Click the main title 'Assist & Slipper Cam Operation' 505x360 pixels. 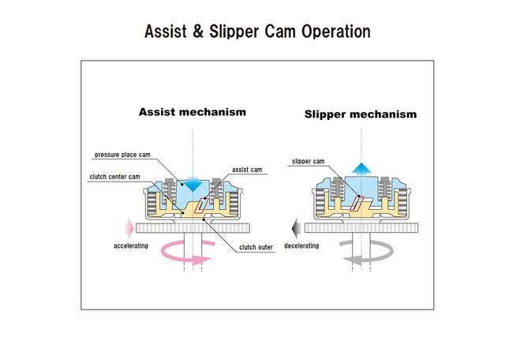coord(257,32)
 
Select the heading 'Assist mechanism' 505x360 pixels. coord(193,112)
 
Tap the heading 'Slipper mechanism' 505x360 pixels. coord(361,114)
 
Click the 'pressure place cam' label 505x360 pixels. coord(122,155)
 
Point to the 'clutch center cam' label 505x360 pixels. coord(114,177)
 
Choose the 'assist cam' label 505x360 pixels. coord(247,170)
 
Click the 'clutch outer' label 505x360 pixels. coord(256,247)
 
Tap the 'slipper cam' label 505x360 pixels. coord(309,161)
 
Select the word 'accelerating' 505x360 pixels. coord(131,246)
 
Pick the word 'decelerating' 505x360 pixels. coord(301,246)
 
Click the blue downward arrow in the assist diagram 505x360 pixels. coord(193,184)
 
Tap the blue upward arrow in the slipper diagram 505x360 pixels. coord(361,168)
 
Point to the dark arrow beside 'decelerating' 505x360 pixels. coord(297,228)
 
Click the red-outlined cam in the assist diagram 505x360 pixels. coord(201,205)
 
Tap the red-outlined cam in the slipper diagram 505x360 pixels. coord(357,204)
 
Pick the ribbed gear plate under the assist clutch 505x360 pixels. coord(193,228)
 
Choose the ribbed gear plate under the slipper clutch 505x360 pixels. coord(361,228)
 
